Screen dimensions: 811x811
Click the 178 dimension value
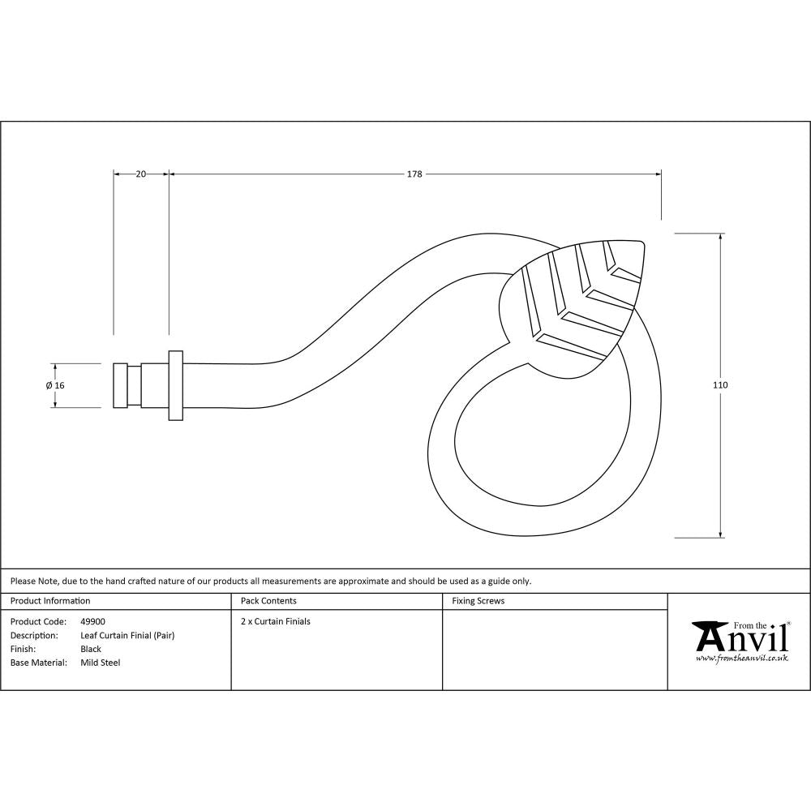414,174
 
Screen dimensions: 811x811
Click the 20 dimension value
140,174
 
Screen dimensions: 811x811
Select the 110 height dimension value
720,384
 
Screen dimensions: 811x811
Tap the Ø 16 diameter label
55,385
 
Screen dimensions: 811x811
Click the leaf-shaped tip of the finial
580,308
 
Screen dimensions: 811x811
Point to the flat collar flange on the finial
175,385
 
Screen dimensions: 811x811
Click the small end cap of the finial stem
119,385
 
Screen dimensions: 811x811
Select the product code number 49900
92,622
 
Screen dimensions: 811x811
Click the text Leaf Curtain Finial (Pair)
127,636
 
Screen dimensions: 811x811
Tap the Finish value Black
91,649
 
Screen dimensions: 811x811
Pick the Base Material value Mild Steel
100,663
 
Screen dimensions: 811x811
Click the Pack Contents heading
268,601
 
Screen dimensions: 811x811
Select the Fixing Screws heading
478,601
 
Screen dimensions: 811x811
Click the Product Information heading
50,601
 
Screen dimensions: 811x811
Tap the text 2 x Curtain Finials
276,622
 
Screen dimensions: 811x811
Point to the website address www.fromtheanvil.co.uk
741,659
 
